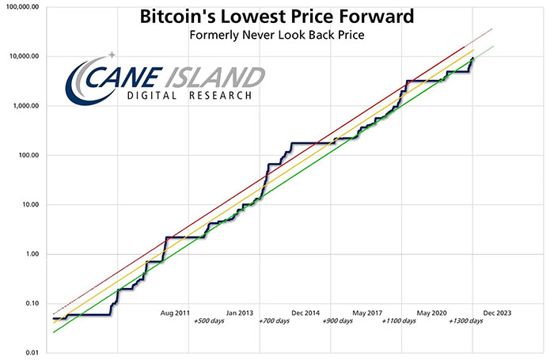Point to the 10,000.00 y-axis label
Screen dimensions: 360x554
pyautogui.click(x=23, y=56)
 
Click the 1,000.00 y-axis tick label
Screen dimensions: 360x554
pyautogui.click(x=25, y=105)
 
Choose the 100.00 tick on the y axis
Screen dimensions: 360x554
pyautogui.click(x=28, y=155)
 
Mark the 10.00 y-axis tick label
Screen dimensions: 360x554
pyautogui.click(x=30, y=205)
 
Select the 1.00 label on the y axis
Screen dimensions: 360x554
pyautogui.click(x=32, y=254)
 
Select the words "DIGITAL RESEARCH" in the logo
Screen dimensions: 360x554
pyautogui.click(x=190, y=96)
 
